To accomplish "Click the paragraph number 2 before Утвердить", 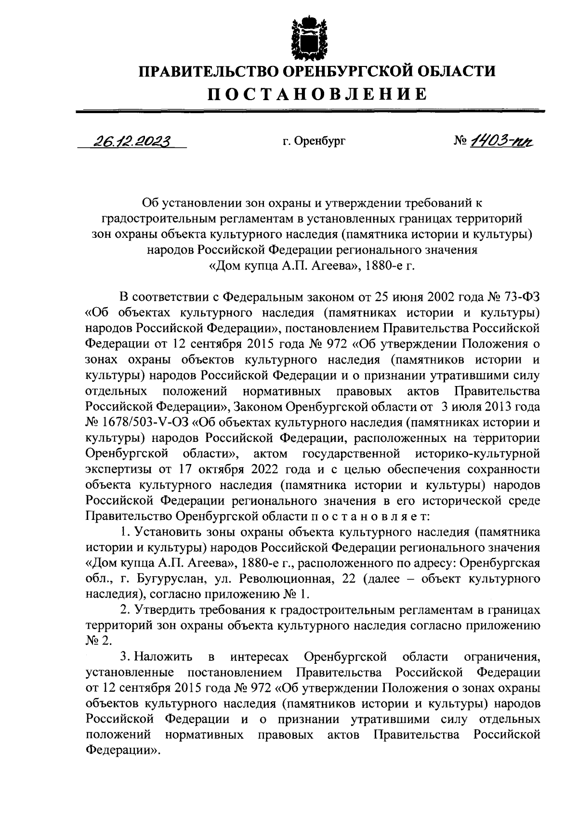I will [x=125, y=610].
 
